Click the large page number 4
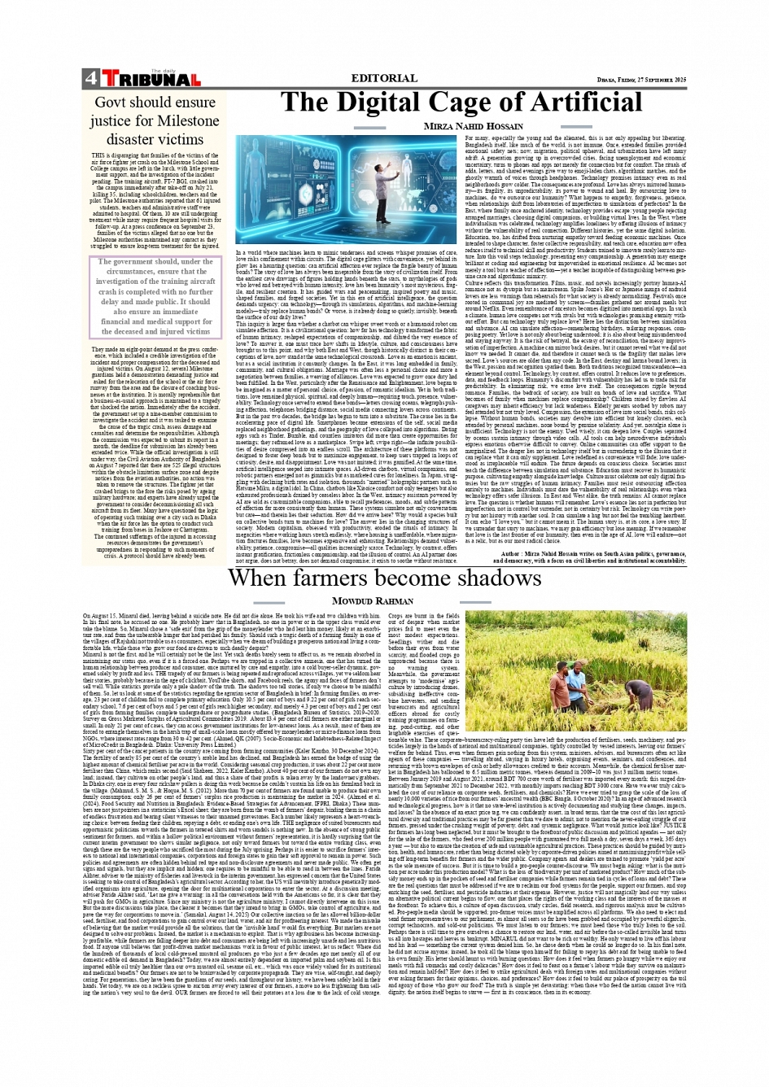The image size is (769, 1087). [90, 79]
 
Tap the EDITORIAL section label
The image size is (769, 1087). [383, 78]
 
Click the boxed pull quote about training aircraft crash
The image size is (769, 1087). [155, 297]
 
